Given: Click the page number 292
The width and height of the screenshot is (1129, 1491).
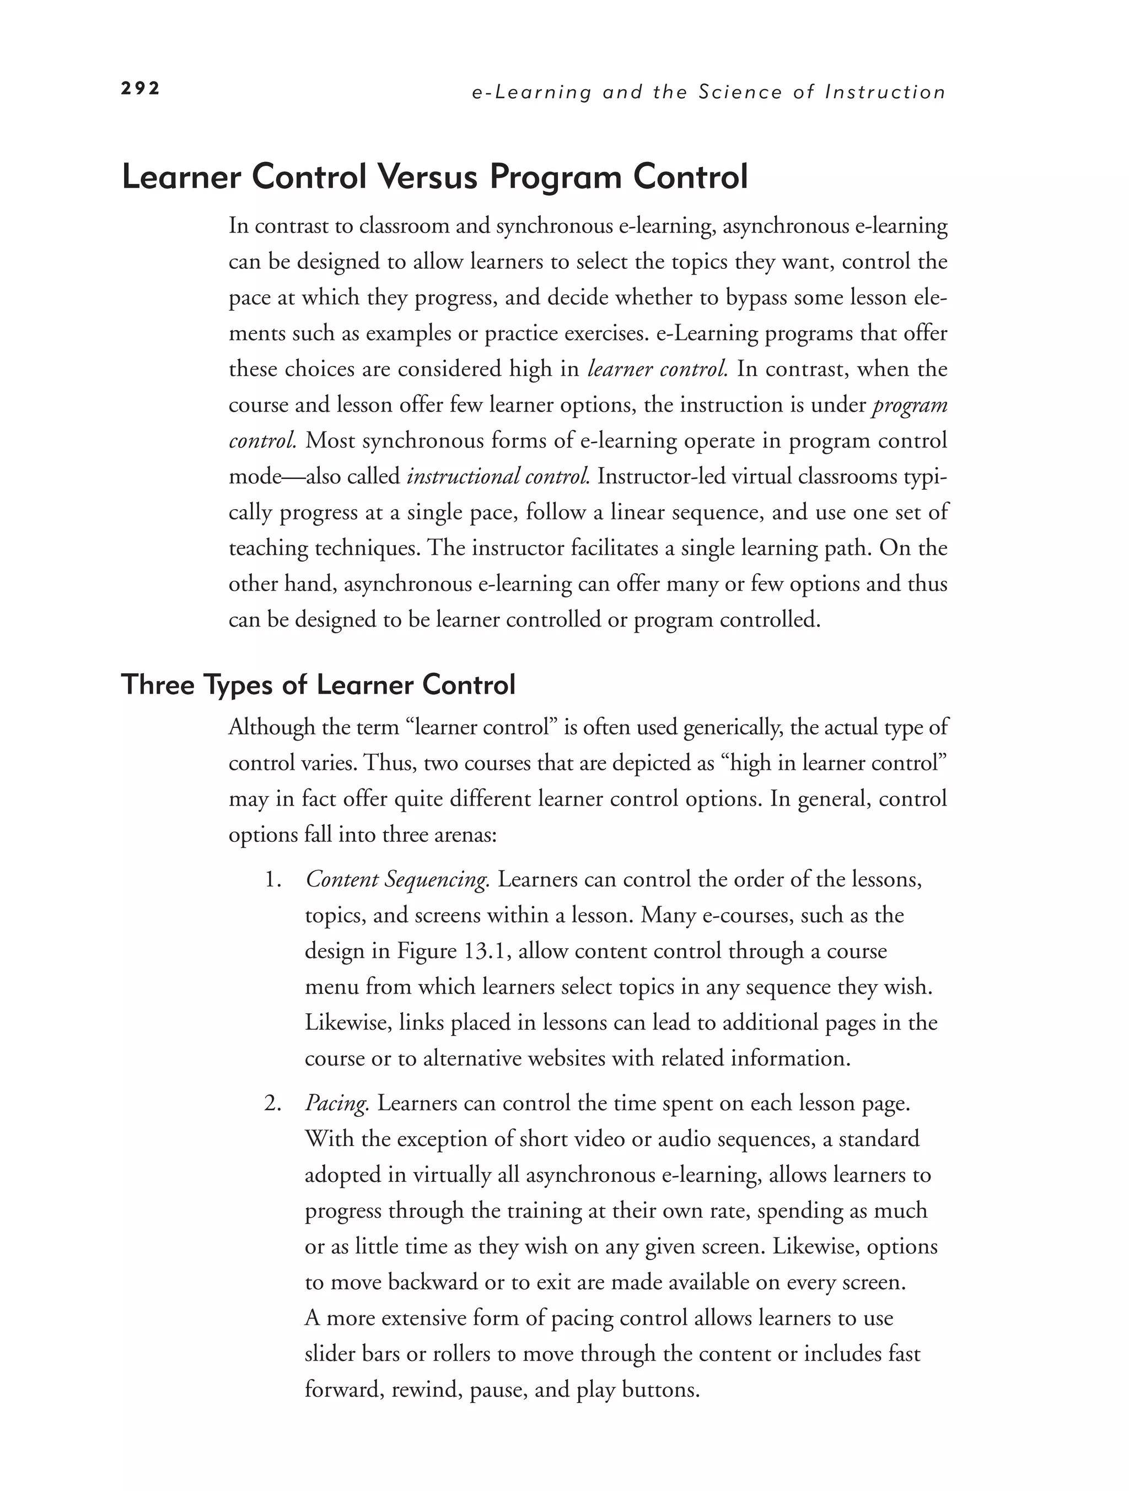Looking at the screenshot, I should (140, 88).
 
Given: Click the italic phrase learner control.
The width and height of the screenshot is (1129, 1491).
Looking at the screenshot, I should (656, 369).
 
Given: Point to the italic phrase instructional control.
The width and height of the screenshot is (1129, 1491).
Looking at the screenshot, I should (498, 477).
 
